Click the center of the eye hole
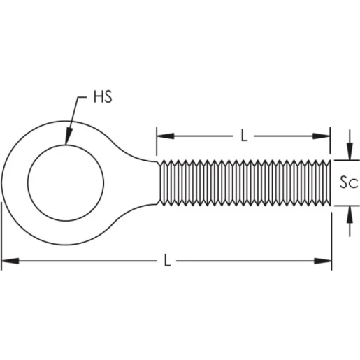[66, 182]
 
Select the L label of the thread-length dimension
[244, 136]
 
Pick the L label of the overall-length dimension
[166, 261]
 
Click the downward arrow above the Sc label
[347, 153]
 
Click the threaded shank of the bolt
[245, 182]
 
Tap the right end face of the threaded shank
[329, 182]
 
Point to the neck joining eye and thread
[150, 182]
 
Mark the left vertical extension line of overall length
[1, 231]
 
